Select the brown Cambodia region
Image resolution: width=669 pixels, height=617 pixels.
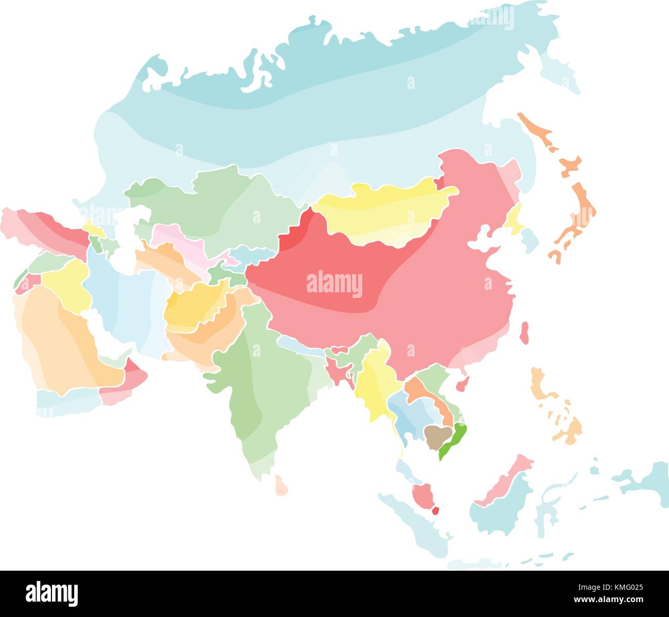tap(435, 435)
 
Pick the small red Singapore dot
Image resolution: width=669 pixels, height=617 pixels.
tap(435, 511)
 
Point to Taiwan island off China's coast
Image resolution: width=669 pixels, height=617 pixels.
tap(524, 333)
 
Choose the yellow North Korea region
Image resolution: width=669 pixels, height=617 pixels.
tap(513, 219)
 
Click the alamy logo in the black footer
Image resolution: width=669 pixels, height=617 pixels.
tap(52, 593)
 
